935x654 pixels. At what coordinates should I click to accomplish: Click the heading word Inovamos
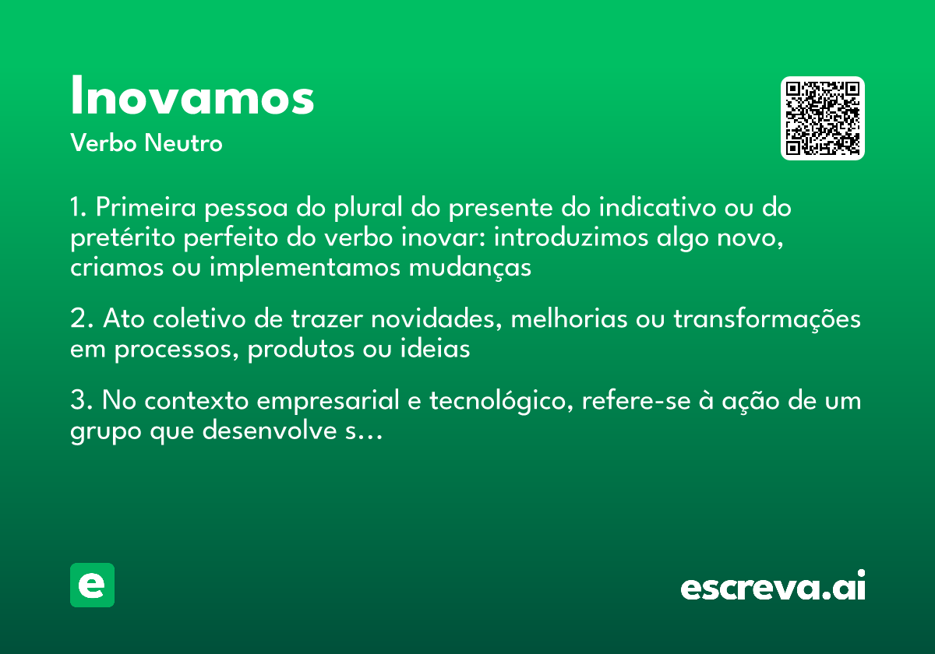(192, 97)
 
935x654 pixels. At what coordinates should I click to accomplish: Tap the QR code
(822, 118)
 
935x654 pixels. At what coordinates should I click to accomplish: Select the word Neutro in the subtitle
(183, 143)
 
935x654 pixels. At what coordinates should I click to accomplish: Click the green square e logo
(92, 585)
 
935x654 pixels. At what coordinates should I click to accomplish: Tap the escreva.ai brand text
(773, 586)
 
